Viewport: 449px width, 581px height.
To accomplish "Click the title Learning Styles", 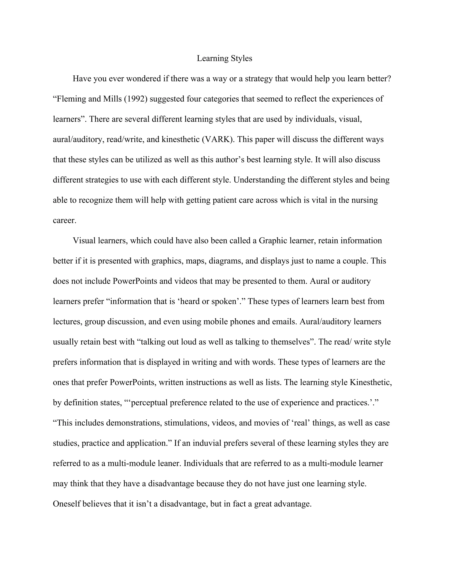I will point(224,58).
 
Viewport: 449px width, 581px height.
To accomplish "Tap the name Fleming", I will point(70,99).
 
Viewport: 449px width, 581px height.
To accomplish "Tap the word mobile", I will point(215,322).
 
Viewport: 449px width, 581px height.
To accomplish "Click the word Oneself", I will point(66,504).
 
